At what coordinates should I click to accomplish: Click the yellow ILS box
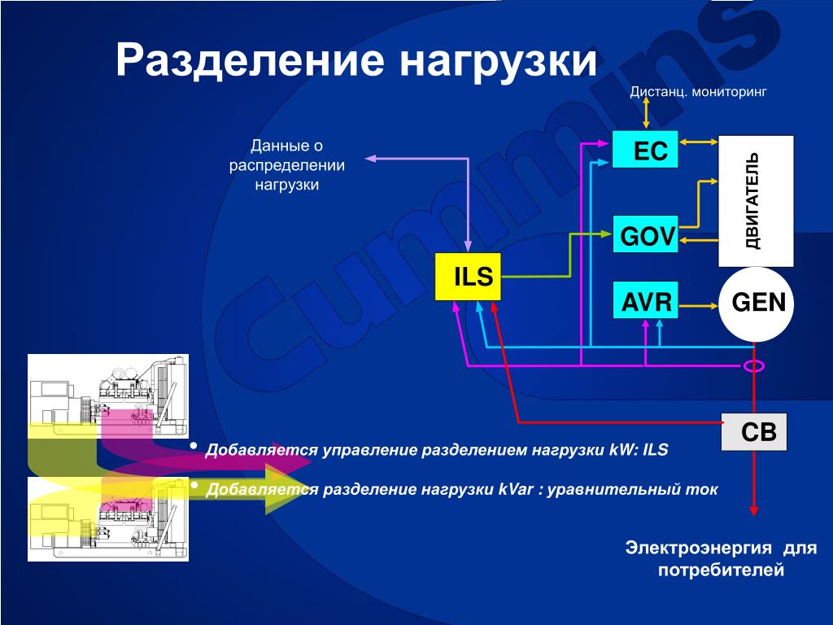(468, 277)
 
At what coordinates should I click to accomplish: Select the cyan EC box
(644, 150)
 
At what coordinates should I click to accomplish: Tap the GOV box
(644, 235)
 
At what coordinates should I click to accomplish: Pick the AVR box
(644, 304)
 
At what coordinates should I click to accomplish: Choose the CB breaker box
(755, 432)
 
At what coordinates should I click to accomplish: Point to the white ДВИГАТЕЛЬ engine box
(755, 200)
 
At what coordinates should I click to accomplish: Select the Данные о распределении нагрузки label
(286, 165)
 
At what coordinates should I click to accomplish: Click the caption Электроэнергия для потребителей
(721, 557)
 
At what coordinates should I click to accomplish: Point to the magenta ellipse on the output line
(754, 366)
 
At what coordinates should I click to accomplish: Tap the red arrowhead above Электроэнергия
(755, 509)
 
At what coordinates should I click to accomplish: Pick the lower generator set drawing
(108, 518)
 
